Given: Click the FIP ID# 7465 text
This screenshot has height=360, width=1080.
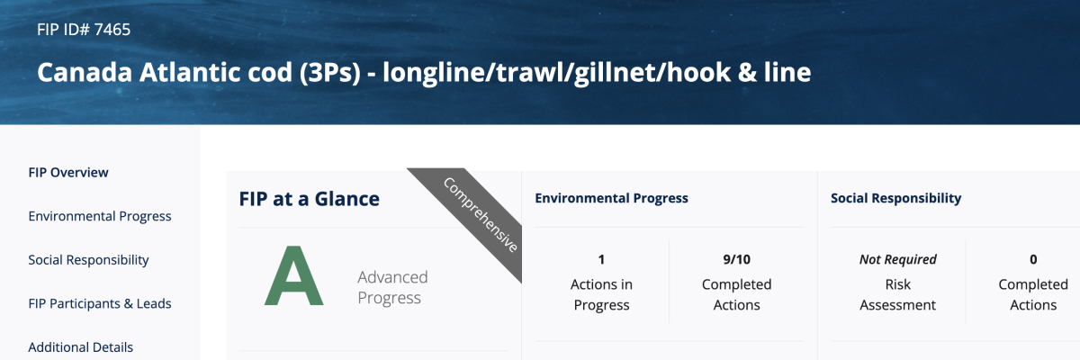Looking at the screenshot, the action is tap(84, 30).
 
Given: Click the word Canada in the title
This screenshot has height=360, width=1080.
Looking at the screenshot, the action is tap(85, 72).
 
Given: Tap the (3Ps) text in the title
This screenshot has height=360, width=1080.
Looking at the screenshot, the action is tap(329, 73).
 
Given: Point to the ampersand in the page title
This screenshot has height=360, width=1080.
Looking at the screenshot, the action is tap(746, 73).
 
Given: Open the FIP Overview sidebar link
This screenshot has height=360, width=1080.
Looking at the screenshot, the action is tap(68, 173).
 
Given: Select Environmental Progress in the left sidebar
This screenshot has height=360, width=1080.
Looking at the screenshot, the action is tap(100, 216).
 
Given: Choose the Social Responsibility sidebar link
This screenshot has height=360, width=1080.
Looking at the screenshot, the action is tap(88, 260).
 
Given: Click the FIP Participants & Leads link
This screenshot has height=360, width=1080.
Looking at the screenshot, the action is tap(100, 303).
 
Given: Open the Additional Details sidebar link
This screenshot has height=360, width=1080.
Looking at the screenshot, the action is tap(80, 347).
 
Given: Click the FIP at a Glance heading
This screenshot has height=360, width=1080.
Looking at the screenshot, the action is tap(309, 199).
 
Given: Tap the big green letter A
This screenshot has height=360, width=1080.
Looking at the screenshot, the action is tap(293, 275).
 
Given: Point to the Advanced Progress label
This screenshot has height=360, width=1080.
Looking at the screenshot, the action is tap(392, 287).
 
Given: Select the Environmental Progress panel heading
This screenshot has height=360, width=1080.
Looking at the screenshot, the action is tap(611, 198).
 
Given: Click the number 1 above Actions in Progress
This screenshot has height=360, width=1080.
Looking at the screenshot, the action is tap(601, 259).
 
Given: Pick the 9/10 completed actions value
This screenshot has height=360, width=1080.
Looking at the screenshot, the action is tap(737, 259).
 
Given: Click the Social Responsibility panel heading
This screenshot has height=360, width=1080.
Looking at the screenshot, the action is tap(895, 198).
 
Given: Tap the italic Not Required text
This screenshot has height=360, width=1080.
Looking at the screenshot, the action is tap(898, 259).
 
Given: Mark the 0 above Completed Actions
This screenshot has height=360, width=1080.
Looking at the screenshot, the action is tap(1033, 259).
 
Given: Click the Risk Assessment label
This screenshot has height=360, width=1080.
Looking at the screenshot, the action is tap(898, 294).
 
